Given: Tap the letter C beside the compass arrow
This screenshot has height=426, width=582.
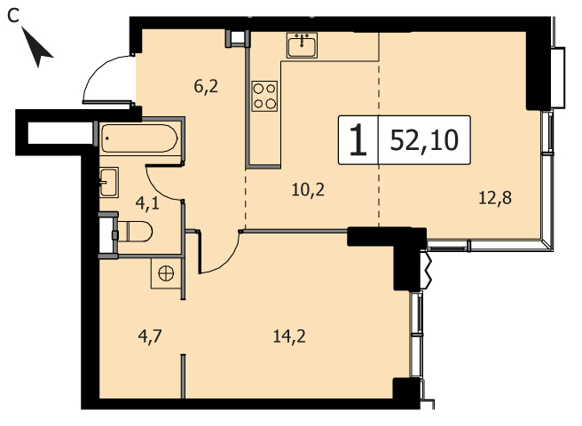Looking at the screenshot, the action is click(13, 16).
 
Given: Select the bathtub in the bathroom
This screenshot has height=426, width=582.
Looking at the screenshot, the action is click(139, 138).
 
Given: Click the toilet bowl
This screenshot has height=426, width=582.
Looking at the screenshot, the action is click(135, 232).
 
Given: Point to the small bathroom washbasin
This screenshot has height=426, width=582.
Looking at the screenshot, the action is click(109, 182).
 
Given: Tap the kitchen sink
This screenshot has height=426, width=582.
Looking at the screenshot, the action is click(302, 45).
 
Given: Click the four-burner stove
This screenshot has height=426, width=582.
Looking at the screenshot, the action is click(264, 96).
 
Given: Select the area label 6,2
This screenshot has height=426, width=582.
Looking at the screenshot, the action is click(206, 87).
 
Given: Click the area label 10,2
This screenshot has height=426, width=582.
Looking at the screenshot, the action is click(308, 190).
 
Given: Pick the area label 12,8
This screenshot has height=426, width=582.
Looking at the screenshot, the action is click(495, 198).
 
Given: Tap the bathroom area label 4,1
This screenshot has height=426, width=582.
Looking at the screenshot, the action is click(147, 203).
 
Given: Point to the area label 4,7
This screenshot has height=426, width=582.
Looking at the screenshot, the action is click(150, 337).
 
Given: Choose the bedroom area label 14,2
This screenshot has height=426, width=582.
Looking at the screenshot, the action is click(289, 336).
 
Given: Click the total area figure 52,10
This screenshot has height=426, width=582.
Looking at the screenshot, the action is click(424, 140).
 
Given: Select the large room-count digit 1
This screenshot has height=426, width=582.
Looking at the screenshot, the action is click(358, 139).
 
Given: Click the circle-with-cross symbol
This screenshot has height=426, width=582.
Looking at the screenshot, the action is click(166, 273).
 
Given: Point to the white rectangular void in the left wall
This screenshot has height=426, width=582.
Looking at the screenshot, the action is click(60, 132).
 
